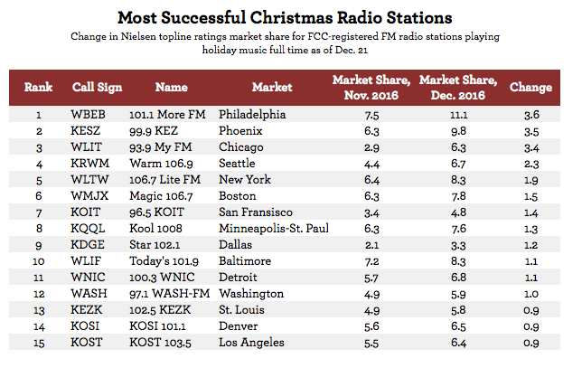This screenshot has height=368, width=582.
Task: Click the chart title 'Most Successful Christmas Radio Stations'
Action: [289, 17]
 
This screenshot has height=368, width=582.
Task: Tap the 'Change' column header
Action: [530, 89]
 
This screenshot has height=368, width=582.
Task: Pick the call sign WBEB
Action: [89, 116]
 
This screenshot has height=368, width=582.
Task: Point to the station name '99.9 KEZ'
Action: [155, 132]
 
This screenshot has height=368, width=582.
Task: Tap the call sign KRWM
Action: [89, 164]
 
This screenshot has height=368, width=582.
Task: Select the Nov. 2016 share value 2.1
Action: [371, 245]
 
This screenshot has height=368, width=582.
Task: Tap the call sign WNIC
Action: [88, 278]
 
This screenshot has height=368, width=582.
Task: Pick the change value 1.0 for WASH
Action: [530, 294]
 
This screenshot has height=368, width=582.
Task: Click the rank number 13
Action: [38, 310]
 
